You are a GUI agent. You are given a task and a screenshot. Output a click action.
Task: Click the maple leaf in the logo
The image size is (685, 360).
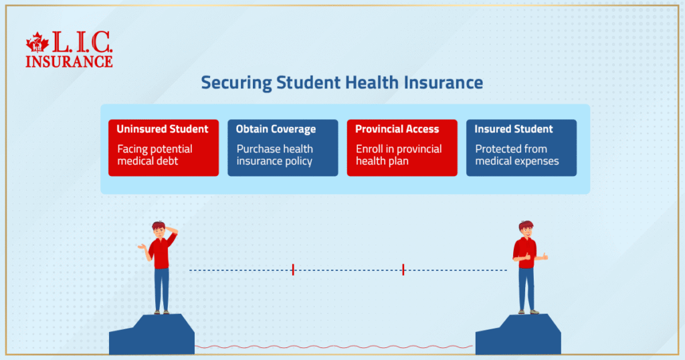37,42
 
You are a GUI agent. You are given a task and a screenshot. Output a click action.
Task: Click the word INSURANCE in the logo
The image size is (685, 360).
69,62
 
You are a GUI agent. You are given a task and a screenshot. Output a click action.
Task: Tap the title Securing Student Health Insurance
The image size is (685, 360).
342,82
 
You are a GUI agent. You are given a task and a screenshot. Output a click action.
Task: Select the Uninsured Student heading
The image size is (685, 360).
163,129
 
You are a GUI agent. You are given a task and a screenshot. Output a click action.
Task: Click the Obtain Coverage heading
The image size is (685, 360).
276,129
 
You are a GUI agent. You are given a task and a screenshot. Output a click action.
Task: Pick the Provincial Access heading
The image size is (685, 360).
397,129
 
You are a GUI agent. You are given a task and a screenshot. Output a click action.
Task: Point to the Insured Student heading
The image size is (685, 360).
514,129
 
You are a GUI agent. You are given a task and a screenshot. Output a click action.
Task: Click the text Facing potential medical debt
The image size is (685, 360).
155,155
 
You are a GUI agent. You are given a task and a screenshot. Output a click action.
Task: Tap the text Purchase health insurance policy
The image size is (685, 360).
275,155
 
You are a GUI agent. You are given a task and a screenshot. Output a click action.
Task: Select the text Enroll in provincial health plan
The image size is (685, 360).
399,155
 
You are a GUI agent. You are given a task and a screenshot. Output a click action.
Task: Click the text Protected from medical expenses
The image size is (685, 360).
517,155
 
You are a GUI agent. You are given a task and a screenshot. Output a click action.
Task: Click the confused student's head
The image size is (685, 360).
159,230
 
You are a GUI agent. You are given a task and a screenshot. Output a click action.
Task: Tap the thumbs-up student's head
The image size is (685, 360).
526,230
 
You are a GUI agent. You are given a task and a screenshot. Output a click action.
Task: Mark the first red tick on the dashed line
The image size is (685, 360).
293,270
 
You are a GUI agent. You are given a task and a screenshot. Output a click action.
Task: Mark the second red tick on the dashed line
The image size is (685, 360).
403,270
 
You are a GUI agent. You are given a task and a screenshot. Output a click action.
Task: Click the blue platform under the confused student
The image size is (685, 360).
152,335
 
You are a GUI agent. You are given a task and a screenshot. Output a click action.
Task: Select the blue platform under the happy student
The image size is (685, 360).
518,335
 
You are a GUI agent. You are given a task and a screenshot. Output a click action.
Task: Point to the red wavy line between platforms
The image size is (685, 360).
334,347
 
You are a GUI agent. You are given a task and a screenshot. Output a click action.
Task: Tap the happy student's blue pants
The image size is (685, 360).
526,289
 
